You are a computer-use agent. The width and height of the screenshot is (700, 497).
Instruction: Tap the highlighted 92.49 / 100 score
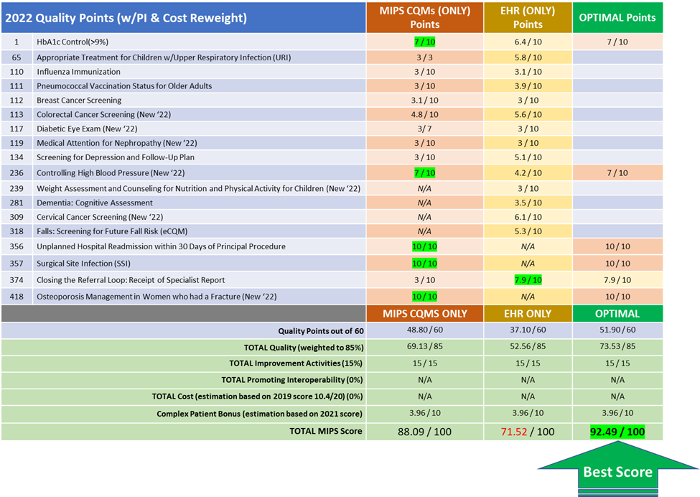(617, 432)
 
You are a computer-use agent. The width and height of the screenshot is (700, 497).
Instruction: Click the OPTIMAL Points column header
(617, 18)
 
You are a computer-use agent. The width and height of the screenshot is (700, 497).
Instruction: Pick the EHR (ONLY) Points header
(527, 18)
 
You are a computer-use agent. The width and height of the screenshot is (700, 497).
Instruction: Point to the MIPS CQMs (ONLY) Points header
(424, 18)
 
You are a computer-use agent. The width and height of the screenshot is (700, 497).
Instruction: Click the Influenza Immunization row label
(78, 72)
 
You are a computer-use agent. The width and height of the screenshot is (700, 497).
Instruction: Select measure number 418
(17, 297)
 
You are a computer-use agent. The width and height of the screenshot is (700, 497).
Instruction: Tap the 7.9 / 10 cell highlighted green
(527, 280)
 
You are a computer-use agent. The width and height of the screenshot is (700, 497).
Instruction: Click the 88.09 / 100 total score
(424, 432)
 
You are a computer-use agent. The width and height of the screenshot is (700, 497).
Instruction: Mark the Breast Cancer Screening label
(79, 101)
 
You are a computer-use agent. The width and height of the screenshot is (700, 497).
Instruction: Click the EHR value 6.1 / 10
(527, 217)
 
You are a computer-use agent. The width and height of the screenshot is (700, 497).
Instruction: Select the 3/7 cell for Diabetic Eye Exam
(424, 129)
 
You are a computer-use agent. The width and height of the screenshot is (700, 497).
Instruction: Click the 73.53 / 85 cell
(617, 347)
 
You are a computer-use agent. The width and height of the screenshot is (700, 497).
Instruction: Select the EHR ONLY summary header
(527, 313)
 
